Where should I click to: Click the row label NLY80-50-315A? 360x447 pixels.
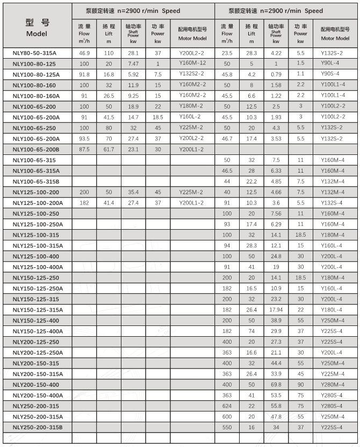34,53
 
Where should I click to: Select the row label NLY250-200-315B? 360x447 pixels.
37,427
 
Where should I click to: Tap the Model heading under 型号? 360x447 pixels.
37,33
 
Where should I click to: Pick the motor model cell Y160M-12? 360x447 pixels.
192,63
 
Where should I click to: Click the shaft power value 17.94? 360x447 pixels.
276,310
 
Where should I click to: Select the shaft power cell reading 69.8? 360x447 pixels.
276,385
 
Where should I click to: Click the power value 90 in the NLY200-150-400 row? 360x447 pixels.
301,385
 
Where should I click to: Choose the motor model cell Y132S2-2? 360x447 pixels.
192,74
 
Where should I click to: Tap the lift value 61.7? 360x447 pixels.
109,149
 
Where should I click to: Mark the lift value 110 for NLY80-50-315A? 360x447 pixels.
109,53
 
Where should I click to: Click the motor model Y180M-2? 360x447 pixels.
192,107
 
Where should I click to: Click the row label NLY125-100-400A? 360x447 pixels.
37,267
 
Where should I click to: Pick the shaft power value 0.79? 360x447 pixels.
276,74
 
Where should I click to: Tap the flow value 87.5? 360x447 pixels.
84,149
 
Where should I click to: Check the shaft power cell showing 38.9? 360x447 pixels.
276,321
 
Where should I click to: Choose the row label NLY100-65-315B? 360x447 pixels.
35,181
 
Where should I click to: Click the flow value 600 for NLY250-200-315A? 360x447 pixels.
227,416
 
